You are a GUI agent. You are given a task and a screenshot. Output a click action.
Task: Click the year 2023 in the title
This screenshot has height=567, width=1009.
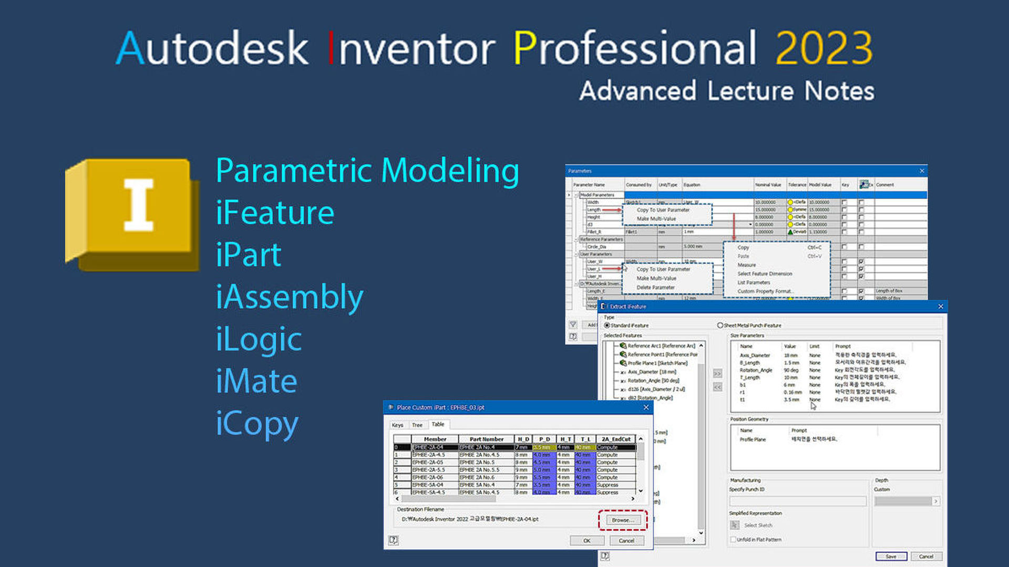point(823,48)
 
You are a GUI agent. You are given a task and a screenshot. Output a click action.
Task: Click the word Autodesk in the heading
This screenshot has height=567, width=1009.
point(212,48)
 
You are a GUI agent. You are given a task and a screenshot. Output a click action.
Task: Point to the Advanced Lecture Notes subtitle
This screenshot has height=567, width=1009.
point(727,91)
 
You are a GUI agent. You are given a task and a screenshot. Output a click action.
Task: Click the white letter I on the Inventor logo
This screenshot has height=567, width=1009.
point(138,205)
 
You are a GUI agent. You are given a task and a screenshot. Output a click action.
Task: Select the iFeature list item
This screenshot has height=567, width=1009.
point(275,213)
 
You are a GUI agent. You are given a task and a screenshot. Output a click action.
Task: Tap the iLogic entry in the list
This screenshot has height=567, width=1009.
point(259,340)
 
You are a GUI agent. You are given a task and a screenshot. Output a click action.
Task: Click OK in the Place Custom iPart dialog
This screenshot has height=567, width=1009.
point(586,540)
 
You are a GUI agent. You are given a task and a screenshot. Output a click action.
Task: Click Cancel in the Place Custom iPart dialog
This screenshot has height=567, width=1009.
point(626,540)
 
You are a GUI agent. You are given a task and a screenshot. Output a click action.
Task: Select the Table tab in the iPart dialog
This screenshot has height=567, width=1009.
point(438,424)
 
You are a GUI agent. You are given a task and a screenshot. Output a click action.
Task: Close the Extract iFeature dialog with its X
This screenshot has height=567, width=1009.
point(940,306)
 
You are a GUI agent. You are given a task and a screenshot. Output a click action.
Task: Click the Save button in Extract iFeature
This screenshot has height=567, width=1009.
point(891,556)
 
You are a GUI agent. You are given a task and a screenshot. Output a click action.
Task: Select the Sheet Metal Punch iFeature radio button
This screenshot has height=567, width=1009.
point(720,325)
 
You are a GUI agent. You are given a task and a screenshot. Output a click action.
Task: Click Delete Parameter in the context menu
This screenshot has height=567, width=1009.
point(655,287)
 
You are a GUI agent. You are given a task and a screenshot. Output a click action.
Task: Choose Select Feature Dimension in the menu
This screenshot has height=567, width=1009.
point(764,274)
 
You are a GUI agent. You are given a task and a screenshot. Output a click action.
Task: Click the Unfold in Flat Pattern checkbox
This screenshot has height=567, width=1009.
point(733,539)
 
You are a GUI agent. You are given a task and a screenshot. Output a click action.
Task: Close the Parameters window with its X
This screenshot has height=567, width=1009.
point(921,171)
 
